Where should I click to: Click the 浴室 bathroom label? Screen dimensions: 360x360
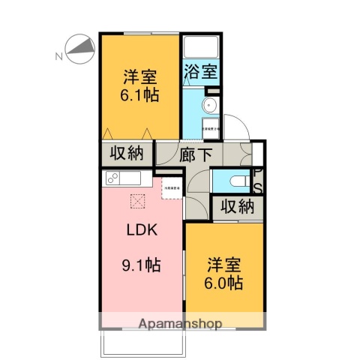(x=200, y=73)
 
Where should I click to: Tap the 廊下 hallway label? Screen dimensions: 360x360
(x=196, y=154)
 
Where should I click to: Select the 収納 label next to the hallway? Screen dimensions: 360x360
(x=127, y=154)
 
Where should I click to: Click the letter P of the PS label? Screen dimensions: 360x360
(x=257, y=172)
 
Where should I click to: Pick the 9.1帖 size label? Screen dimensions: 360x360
(x=140, y=265)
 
